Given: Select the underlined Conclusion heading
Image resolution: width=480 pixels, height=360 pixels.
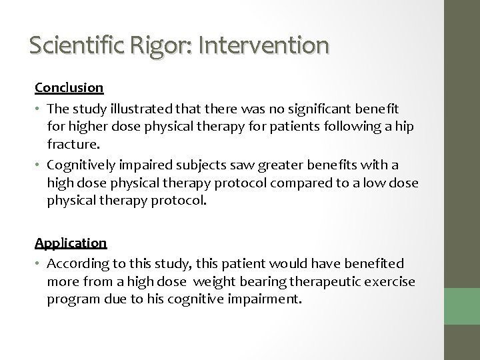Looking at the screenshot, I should [69, 87].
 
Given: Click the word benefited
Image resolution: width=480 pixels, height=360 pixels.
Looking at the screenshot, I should [375, 265].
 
